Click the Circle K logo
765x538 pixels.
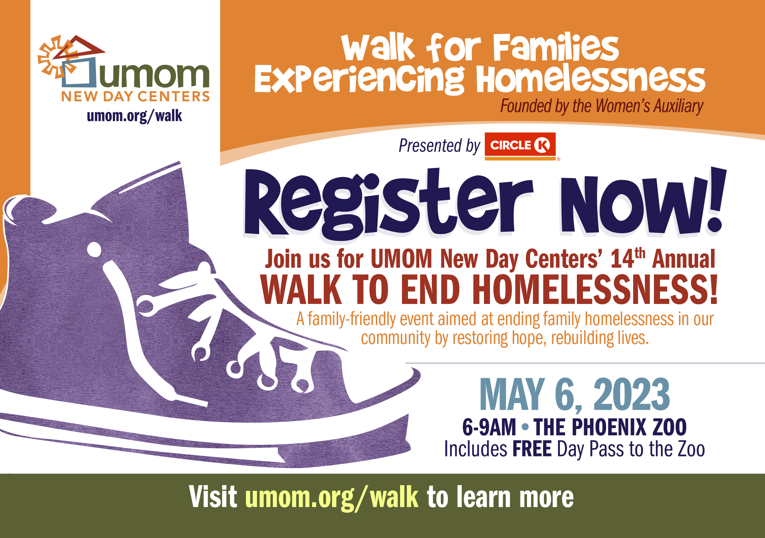pyautogui.click(x=520, y=146)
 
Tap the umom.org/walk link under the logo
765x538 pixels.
pyautogui.click(x=134, y=116)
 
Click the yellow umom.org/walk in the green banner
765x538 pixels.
pyautogui.click(x=332, y=497)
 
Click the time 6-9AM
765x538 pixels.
pyautogui.click(x=489, y=427)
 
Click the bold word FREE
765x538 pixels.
pyautogui.click(x=532, y=449)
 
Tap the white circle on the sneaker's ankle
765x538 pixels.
pyautogui.click(x=94, y=250)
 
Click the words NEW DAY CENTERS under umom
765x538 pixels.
pyautogui.click(x=135, y=97)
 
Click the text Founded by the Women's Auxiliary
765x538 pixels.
pyautogui.click(x=602, y=106)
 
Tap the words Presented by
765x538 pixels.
pyautogui.click(x=439, y=146)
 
